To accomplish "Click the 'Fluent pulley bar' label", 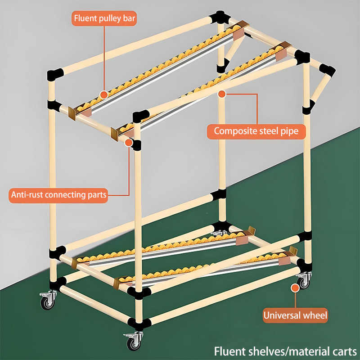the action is tap(104, 18).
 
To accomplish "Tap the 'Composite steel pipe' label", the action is tap(256, 131).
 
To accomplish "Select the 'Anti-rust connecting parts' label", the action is tap(58, 195).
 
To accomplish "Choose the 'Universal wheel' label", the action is tap(295, 315).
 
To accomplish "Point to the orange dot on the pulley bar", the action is tap(104, 94).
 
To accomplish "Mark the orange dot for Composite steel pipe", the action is tap(222, 94).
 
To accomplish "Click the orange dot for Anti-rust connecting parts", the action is tap(129, 143).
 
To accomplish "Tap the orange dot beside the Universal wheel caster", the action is tap(295, 288).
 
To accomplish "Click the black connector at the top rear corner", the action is tap(220, 17).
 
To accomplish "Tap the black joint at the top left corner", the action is tap(55, 74).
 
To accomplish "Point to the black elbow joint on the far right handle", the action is tap(327, 71).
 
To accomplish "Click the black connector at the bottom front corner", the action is tap(139, 324).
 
